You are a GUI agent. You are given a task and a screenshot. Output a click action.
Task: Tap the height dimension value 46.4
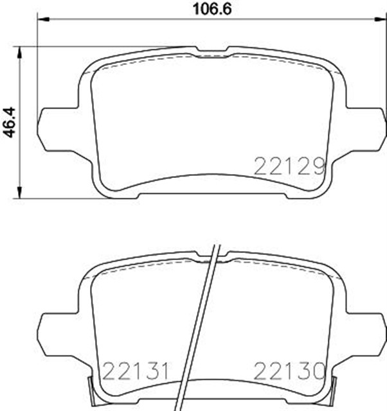pyautogui.click(x=9, y=120)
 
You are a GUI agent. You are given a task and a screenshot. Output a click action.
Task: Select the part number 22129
pyautogui.click(x=289, y=167)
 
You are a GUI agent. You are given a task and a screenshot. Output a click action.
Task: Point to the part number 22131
pyautogui.click(x=136, y=371)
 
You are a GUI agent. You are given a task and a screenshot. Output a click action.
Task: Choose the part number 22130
pyautogui.click(x=289, y=371)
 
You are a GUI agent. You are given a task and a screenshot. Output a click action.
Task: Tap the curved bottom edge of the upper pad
pyautogui.click(x=212, y=177)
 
